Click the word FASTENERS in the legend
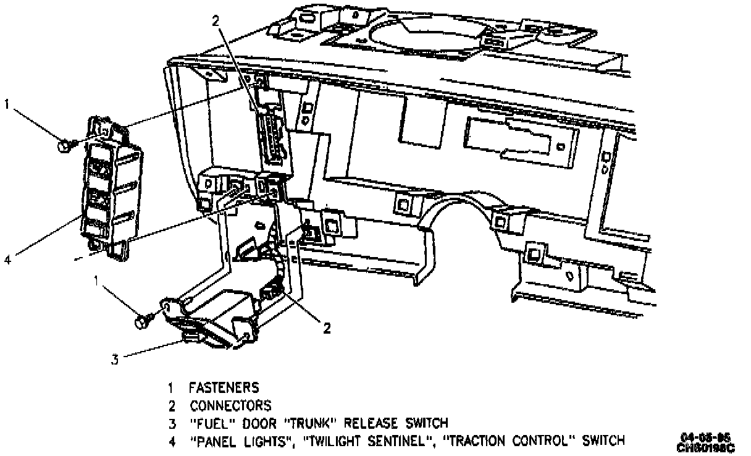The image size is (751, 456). pos(224,388)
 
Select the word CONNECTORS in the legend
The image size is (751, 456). pos(230,406)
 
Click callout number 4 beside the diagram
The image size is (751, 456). pos(8,260)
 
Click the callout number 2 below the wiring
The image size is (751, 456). pos(326,328)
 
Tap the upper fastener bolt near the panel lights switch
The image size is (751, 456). pos(64,146)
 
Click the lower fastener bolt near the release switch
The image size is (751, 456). pos(141,321)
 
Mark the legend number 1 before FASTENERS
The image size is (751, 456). pos(170,388)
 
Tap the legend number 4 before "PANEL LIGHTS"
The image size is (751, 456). pos(171,441)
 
